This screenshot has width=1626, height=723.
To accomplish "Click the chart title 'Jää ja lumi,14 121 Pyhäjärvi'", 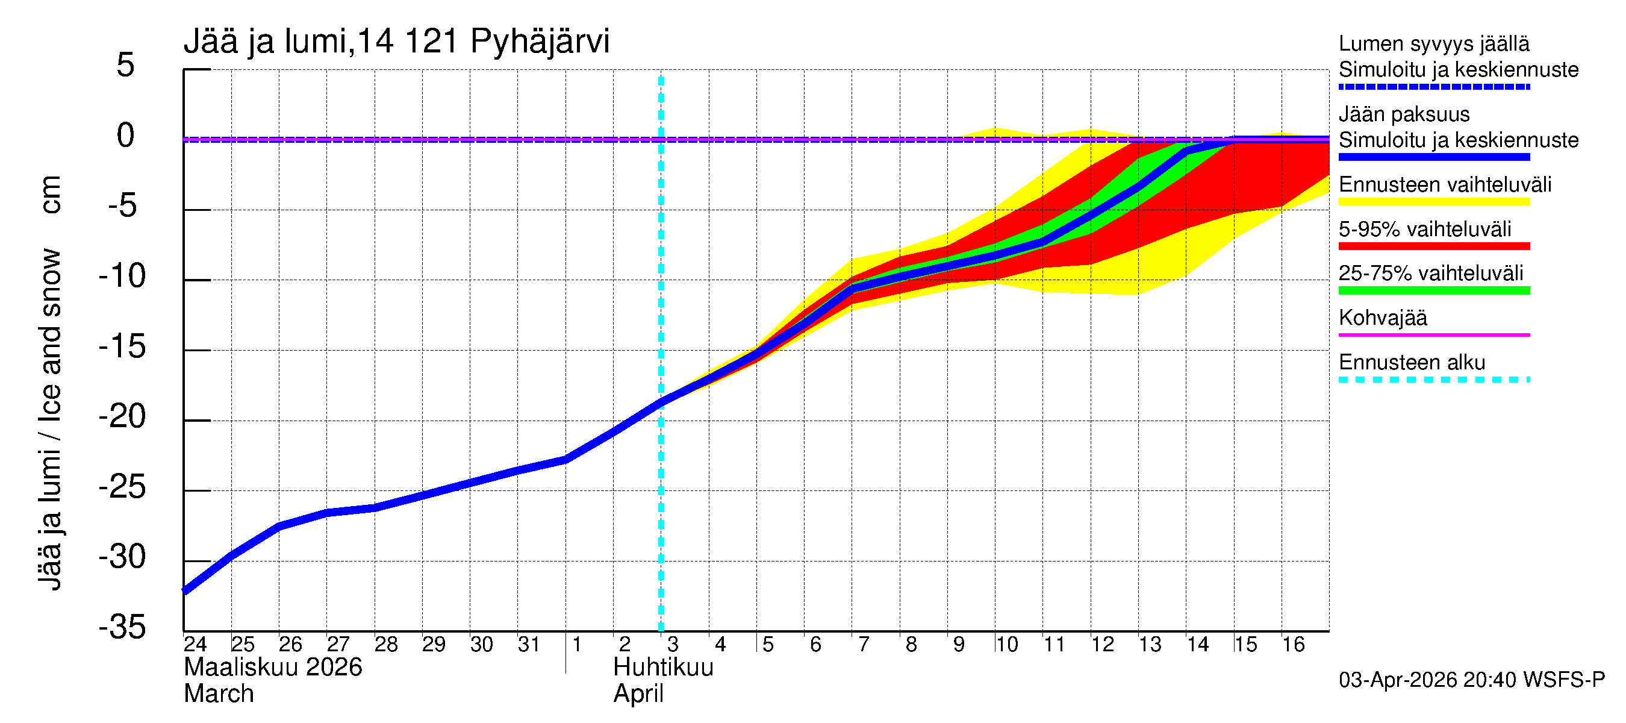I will click(x=396, y=42).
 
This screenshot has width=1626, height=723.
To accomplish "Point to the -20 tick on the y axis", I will click(x=122, y=417).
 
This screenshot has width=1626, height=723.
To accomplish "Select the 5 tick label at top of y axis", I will click(x=126, y=65).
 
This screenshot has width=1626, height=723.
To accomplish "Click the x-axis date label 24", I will click(x=195, y=644).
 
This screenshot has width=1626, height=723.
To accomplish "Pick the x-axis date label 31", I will click(x=528, y=644).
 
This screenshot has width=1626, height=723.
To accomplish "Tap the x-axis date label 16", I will click(x=1293, y=644).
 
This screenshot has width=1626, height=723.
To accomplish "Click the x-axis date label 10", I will click(x=1006, y=644).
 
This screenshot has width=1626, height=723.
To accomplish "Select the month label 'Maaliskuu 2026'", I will click(x=273, y=668).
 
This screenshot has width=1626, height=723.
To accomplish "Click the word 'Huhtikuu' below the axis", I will click(x=663, y=668).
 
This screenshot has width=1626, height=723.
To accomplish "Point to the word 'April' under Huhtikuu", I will click(x=638, y=694).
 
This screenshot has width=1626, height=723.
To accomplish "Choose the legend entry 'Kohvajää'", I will click(x=1382, y=318).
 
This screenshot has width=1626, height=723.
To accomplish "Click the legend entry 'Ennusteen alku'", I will click(x=1412, y=363).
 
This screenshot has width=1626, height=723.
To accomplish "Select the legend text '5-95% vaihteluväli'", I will click(x=1425, y=229).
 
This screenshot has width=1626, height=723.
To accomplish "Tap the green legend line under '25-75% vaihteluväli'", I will click(x=1433, y=290).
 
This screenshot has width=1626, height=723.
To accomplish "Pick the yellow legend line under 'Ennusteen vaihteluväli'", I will click(x=1433, y=202).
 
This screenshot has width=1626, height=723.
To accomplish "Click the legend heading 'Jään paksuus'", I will click(x=1404, y=114).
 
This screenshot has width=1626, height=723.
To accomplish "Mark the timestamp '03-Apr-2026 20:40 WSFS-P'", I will click(x=1471, y=680).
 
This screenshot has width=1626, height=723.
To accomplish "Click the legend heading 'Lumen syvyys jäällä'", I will click(x=1433, y=43).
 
